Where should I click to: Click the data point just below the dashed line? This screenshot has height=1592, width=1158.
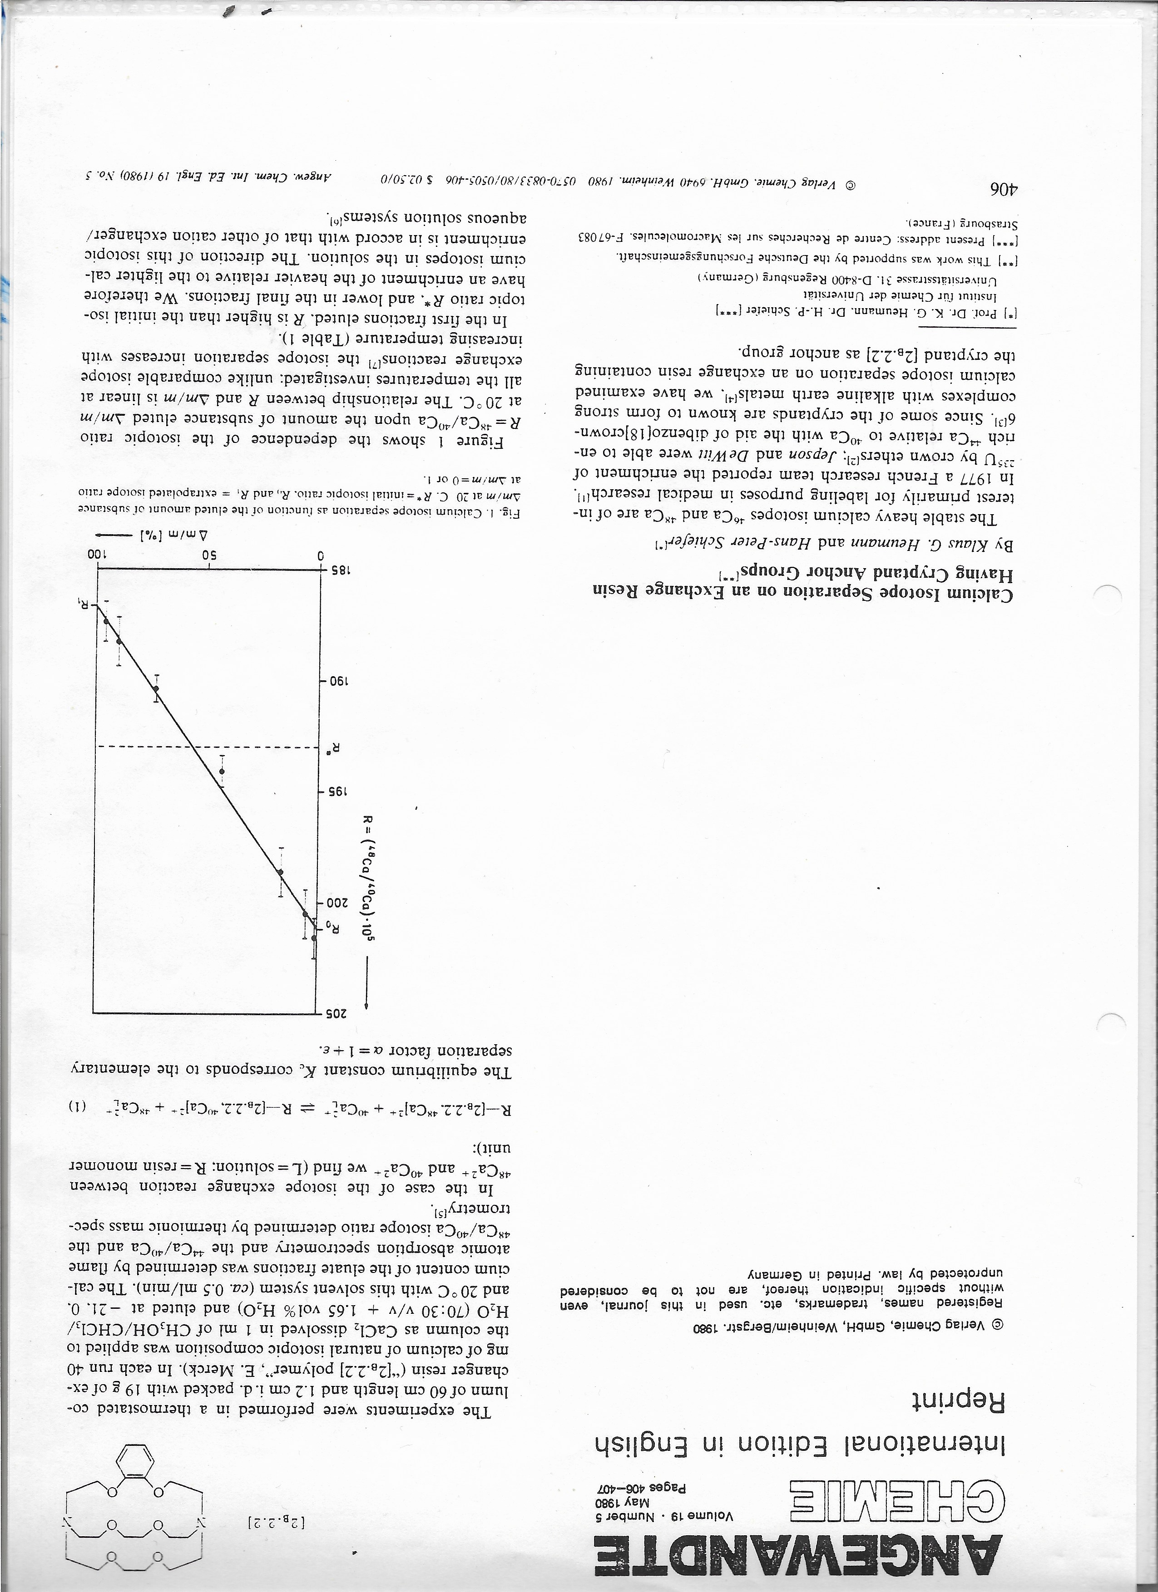click(222, 771)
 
